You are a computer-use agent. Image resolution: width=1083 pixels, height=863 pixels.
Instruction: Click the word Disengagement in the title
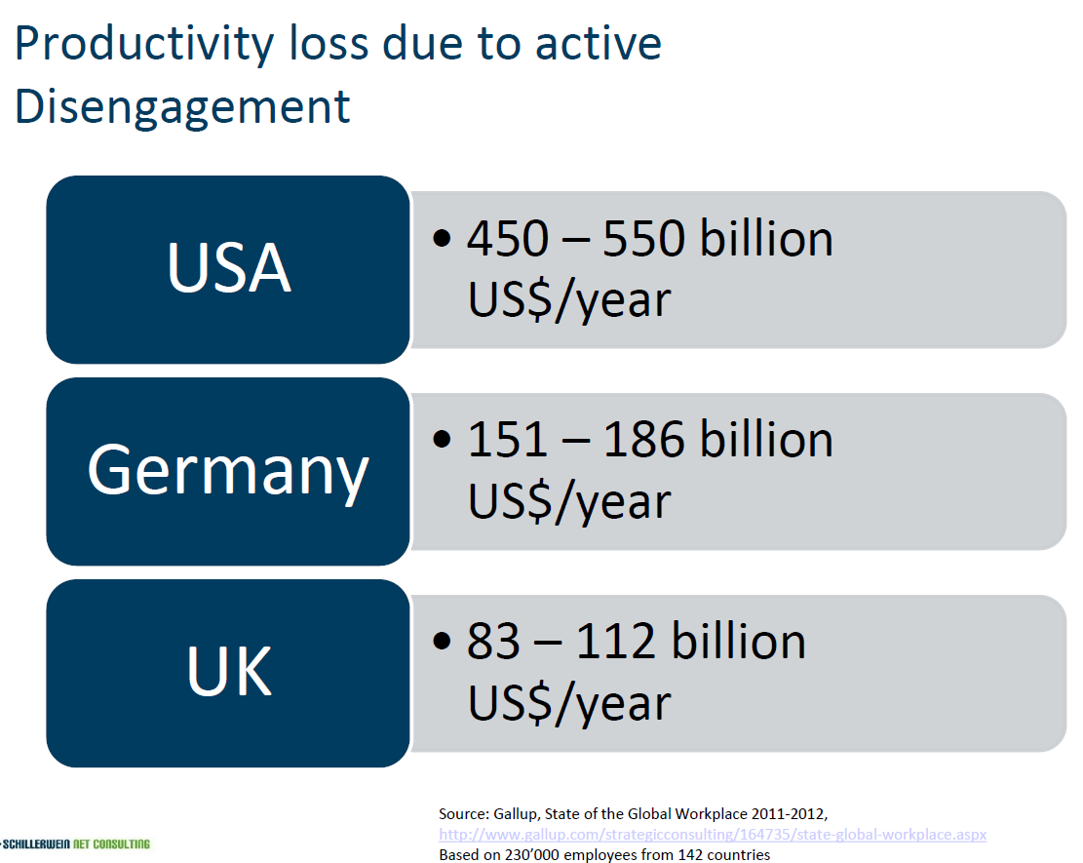(x=182, y=108)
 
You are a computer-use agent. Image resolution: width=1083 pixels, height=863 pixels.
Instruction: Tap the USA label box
(x=228, y=269)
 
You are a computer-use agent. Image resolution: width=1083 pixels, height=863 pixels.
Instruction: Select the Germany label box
(x=228, y=471)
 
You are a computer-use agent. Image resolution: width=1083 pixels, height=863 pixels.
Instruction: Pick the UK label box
(x=228, y=673)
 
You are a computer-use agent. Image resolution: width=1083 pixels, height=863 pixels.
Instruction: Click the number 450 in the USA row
(x=508, y=238)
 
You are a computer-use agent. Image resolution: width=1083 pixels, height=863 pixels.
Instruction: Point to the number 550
(x=643, y=238)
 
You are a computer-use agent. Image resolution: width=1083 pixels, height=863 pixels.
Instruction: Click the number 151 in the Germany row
(x=508, y=440)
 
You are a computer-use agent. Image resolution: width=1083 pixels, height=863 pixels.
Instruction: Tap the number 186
(x=643, y=440)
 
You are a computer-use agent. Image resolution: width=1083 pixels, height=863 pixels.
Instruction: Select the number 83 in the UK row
(x=493, y=642)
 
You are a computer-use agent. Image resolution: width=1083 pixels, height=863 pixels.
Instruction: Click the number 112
(x=615, y=642)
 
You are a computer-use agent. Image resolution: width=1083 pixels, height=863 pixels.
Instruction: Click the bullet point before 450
(x=442, y=238)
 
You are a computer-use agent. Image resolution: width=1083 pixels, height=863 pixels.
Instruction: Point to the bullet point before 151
(x=442, y=440)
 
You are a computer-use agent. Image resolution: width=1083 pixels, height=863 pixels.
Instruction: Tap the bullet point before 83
(x=442, y=642)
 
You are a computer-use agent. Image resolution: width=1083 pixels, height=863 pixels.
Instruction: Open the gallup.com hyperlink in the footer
(x=713, y=835)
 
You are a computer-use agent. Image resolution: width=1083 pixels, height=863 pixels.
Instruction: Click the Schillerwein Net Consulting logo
(x=75, y=843)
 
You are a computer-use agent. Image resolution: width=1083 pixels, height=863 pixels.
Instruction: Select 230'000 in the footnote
(x=532, y=855)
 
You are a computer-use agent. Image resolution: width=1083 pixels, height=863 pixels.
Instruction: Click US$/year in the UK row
(x=569, y=703)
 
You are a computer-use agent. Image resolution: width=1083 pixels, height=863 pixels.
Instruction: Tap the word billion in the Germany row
(x=766, y=440)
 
